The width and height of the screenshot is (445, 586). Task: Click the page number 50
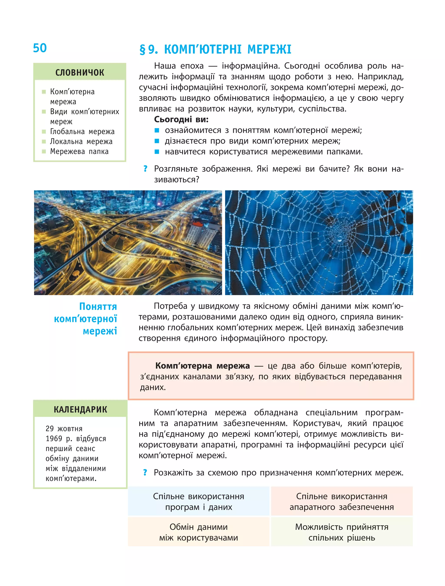[x=40, y=48]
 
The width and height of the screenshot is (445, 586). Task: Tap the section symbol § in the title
[x=143, y=50]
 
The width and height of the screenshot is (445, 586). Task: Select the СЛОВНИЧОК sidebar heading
[x=80, y=72]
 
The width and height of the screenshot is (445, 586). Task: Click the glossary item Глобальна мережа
[x=82, y=131]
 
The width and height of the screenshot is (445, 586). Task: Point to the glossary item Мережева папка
[x=79, y=151]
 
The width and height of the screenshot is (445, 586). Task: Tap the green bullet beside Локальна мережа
[x=44, y=141]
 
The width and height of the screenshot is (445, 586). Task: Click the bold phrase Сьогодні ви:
[x=181, y=120]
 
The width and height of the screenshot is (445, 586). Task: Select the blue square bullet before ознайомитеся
[x=157, y=130]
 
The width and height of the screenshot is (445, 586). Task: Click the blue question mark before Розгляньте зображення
[x=145, y=168]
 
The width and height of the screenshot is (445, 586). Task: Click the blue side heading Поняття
[x=98, y=307]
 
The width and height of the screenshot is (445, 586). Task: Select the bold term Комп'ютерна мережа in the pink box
[x=202, y=366]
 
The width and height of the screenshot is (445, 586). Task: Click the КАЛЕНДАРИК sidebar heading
[x=80, y=409]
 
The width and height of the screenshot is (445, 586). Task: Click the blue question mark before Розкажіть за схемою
[x=145, y=472]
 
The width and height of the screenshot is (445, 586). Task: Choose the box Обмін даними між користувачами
[x=199, y=532]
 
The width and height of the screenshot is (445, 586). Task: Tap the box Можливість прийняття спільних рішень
[x=342, y=532]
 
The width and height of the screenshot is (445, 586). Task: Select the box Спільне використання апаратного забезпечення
[x=342, y=501]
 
